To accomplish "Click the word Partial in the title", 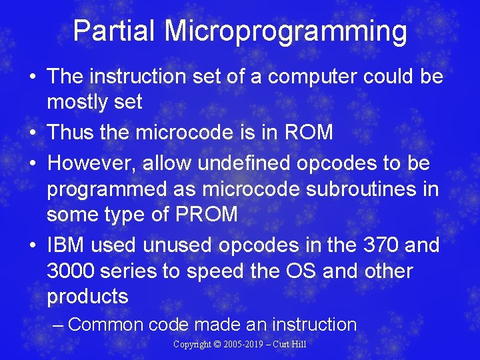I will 114,31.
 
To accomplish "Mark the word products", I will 87,297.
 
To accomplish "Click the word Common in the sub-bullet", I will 106,325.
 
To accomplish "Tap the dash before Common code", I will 58,325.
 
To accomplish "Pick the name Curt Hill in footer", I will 292,345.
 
